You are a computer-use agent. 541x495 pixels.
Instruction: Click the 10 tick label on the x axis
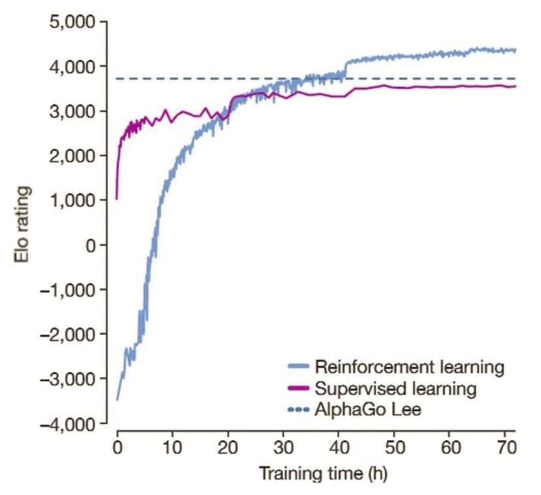click(x=172, y=449)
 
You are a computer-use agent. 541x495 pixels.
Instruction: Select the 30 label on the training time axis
click(x=283, y=449)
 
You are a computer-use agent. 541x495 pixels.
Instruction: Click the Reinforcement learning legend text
click(x=409, y=367)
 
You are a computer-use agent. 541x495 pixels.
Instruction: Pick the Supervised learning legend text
click(x=395, y=389)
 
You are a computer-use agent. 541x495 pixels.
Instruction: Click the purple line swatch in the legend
click(x=298, y=390)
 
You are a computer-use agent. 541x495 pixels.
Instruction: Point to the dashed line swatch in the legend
click(x=298, y=411)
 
